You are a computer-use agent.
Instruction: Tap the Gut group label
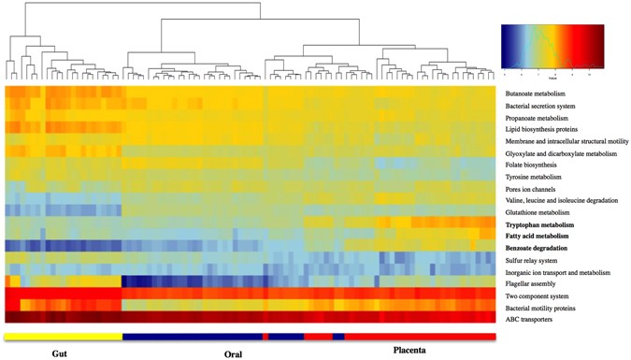tap(62, 353)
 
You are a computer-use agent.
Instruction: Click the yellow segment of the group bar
tap(63, 335)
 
